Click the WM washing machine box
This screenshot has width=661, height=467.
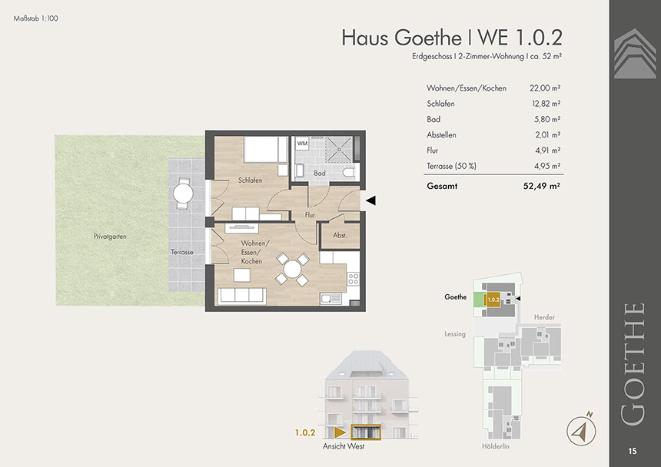302,144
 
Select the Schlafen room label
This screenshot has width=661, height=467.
250,181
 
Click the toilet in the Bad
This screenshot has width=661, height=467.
350,172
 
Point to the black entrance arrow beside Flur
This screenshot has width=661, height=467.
370,200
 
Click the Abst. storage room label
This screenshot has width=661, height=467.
340,235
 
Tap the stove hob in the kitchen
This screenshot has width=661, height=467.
354,278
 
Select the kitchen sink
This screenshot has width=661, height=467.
331,299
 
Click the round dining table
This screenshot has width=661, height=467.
292,269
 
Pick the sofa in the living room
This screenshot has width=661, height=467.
241,296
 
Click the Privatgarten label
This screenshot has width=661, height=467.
110,237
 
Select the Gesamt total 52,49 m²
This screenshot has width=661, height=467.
542,186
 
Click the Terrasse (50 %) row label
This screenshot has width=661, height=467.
451,166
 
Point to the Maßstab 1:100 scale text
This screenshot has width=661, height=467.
36,18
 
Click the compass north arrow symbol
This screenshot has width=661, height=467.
581,430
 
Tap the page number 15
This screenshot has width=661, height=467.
633,451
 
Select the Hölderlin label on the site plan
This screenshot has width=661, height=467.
495,446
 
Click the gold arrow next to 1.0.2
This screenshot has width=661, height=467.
340,432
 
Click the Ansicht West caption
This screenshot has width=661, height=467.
344,446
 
